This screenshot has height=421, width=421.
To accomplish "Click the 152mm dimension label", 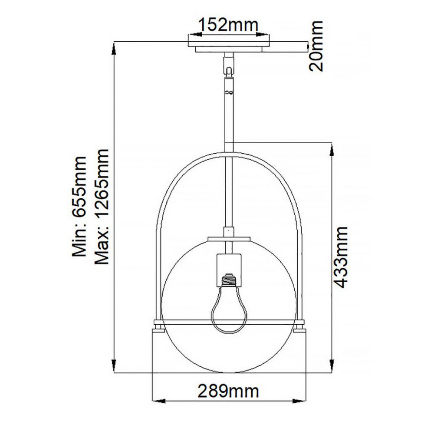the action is point(228,25).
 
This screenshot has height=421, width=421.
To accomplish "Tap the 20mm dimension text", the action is point(316,46).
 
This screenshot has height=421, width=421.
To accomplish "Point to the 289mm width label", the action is point(228,391).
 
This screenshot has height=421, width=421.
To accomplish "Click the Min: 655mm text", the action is point(79,207).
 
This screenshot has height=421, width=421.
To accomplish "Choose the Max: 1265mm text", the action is point(102,207).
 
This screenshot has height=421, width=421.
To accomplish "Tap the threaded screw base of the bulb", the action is point(228,280).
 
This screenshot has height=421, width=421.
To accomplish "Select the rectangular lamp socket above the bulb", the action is point(229,270).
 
